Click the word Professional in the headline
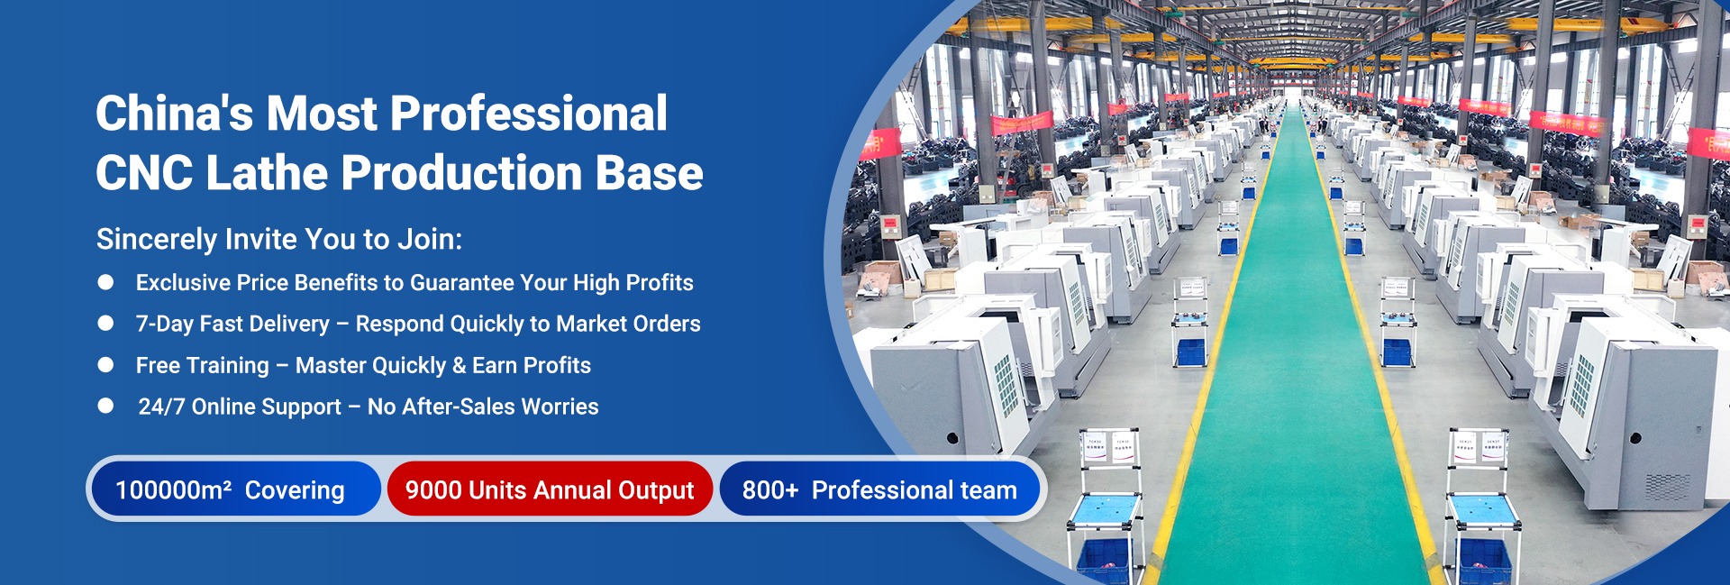click(529, 114)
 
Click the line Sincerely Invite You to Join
click(279, 239)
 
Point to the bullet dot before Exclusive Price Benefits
click(105, 282)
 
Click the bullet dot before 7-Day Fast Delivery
click(105, 324)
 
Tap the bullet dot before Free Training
click(105, 365)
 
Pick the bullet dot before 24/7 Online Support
click(105, 406)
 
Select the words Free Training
click(203, 365)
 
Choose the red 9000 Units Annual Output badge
click(550, 489)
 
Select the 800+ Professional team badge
click(879, 489)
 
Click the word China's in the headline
click(175, 114)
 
